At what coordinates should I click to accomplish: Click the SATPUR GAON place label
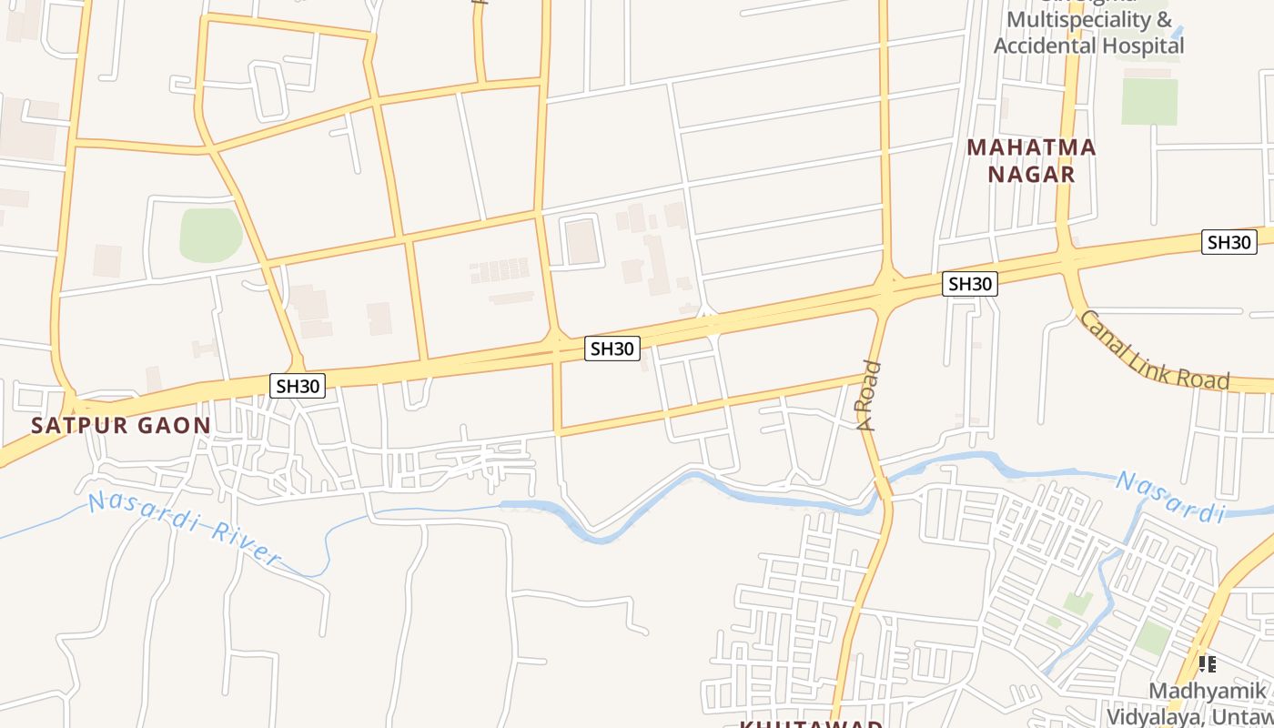coord(121,425)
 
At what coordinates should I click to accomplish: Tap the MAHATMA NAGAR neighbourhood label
coord(1031,160)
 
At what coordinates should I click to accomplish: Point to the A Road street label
coord(870,395)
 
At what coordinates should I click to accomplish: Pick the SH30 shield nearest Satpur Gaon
coord(298,386)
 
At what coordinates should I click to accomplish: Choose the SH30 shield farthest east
coord(1228,242)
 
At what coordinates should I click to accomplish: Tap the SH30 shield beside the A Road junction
coord(969,284)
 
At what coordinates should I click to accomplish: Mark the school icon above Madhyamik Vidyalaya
coord(1207,664)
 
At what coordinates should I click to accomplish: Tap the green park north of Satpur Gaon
coord(211,235)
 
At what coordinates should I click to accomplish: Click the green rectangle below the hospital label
coord(1149,101)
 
